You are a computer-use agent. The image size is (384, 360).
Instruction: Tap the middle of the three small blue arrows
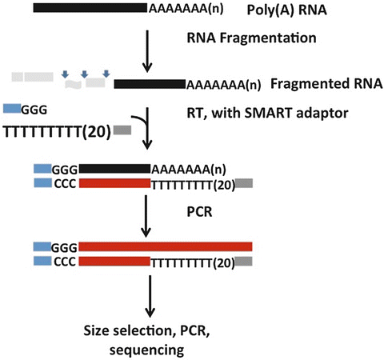84,75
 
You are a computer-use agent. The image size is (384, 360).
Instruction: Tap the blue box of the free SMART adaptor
12,107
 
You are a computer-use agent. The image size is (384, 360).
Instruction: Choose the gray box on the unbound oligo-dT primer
122,130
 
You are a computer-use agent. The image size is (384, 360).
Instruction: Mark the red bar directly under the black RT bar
114,183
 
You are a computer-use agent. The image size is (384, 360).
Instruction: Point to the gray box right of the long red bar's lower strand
244,262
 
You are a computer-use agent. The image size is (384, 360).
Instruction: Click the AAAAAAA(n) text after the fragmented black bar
223,83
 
